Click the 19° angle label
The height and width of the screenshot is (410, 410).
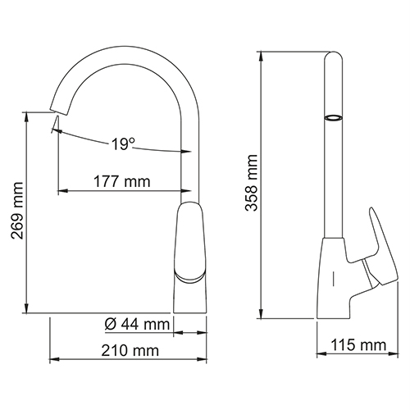pos(123,143)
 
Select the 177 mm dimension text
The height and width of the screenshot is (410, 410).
pos(122,181)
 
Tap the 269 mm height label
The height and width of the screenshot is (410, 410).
pos(17,210)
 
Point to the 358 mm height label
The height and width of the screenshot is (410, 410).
pos(252,183)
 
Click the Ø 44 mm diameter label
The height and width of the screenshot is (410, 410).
pos(137,325)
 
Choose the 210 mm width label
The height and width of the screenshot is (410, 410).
pos(130,350)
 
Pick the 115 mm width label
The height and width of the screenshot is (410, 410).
pos(358,345)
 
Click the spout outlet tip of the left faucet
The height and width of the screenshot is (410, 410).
pos(58,112)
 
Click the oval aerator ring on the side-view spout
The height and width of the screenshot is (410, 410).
pos(333,117)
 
